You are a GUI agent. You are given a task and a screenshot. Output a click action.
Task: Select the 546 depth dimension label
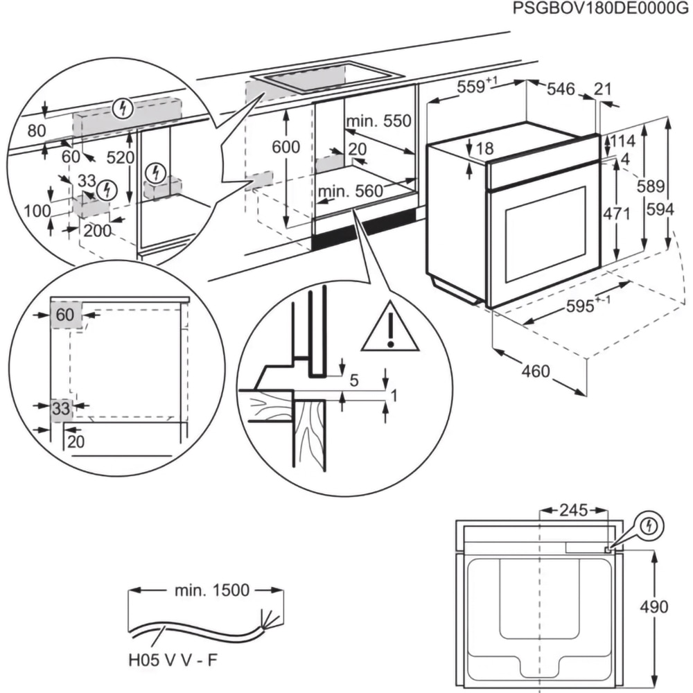tap(561, 89)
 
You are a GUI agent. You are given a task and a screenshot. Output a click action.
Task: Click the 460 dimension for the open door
tap(535, 371)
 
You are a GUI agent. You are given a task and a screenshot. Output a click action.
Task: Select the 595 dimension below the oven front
tap(581, 305)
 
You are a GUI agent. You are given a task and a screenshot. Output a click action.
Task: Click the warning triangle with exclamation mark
tap(390, 327)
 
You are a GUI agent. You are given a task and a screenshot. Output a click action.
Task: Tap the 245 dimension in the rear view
tap(572, 511)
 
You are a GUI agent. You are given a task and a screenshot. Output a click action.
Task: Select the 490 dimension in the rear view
tap(653, 607)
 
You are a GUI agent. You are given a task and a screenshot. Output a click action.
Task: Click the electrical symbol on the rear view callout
tap(649, 527)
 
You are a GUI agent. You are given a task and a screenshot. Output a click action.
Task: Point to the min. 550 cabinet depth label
tap(379, 121)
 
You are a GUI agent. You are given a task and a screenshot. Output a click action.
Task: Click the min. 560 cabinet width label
tap(351, 191)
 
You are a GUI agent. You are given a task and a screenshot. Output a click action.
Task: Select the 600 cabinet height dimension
tap(286, 147)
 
